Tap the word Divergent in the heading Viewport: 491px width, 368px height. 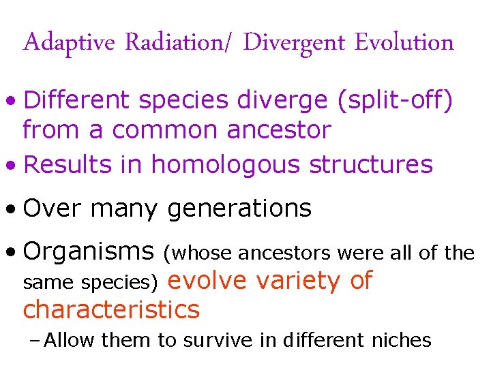[295, 43]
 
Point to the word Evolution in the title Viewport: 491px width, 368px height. [404, 43]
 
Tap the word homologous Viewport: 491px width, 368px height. [226, 164]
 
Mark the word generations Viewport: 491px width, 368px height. [239, 209]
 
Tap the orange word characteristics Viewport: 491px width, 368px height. [111, 309]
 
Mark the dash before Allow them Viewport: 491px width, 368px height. [38, 339]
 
